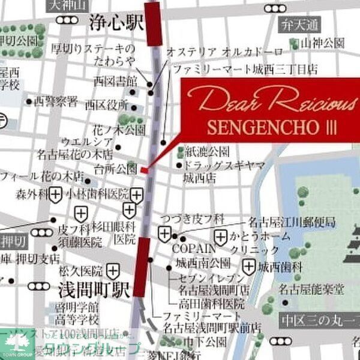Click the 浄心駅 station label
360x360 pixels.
[x=116, y=24]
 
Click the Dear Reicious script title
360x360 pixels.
[x=271, y=101]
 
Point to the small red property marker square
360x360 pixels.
[x=145, y=170]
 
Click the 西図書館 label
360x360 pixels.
[x=116, y=80]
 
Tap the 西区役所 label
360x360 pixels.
[x=107, y=104]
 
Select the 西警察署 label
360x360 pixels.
[x=56, y=101]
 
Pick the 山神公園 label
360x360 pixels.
[x=323, y=43]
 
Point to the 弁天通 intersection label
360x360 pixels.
[x=300, y=25]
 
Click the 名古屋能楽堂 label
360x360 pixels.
[x=311, y=290]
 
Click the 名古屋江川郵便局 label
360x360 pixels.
[x=292, y=223]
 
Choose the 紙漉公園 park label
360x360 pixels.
[x=208, y=150]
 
